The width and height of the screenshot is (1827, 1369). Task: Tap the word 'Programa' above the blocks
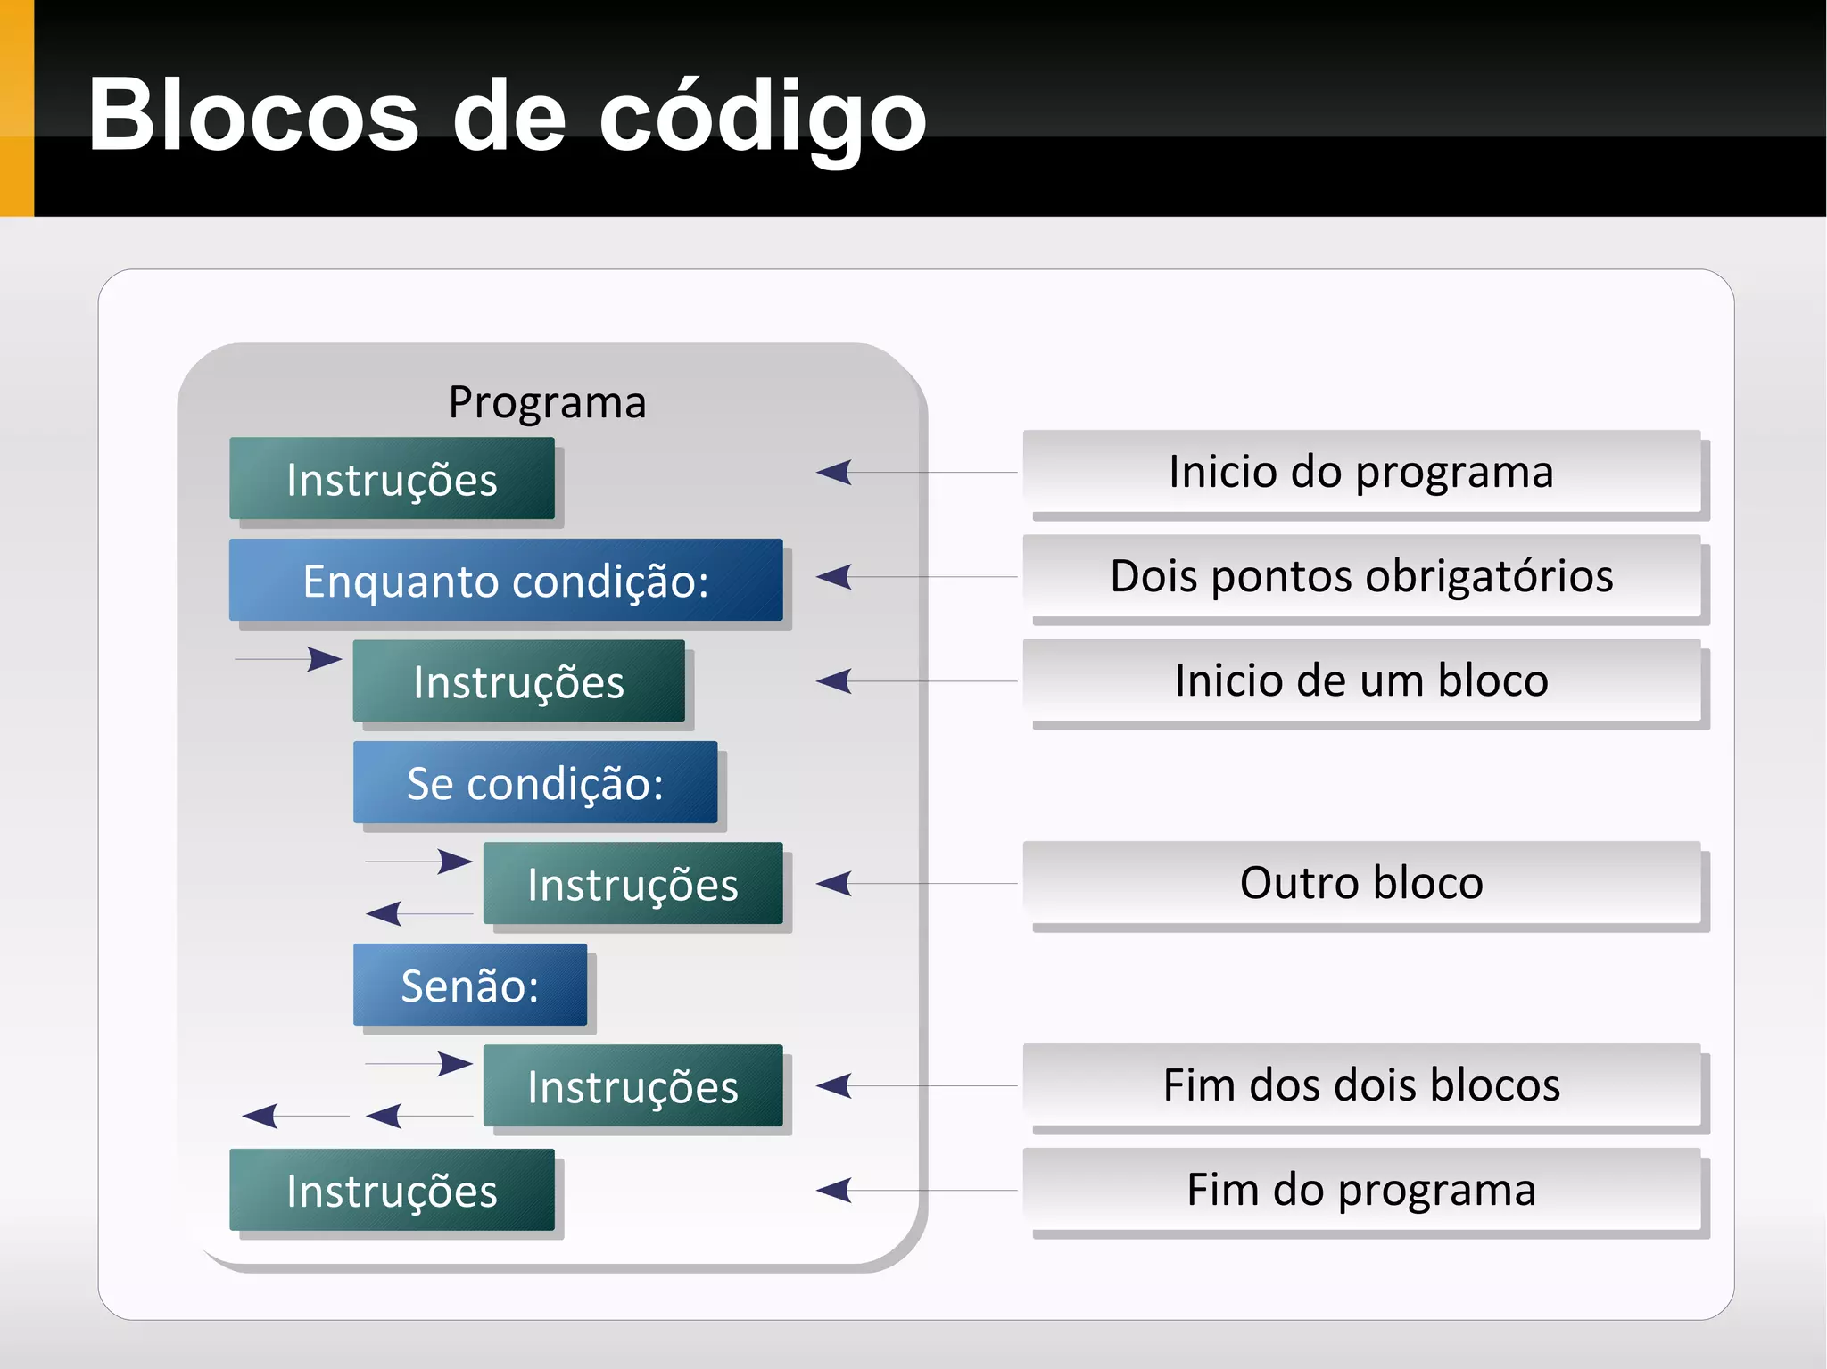pos(547,402)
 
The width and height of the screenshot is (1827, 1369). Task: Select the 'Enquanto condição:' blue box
pos(506,581)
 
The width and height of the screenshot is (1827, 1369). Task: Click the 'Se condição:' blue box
pos(535,783)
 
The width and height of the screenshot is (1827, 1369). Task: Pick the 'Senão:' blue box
pos(470,985)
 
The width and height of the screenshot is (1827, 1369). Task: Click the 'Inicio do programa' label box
pos(1361,472)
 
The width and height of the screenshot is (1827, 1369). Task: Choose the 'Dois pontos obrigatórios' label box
pos(1361,576)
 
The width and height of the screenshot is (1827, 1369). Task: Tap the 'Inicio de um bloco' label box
pos(1361,680)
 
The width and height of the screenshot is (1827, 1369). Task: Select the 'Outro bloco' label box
pos(1361,883)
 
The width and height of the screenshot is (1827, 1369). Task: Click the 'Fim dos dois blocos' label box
pos(1361,1085)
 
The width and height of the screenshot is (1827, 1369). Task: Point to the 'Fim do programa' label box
pos(1361,1190)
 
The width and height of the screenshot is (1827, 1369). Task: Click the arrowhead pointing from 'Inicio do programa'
pos(835,472)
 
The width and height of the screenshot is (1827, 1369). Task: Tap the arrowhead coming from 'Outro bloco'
pos(835,884)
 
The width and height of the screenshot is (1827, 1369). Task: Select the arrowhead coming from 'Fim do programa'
pos(835,1190)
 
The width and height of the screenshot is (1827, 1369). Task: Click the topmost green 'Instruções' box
pos(392,479)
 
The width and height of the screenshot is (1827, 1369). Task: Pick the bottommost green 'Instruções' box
pos(392,1190)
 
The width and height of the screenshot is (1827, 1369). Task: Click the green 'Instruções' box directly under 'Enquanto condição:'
pos(518,681)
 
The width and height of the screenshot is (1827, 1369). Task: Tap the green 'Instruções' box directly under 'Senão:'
pos(632,1085)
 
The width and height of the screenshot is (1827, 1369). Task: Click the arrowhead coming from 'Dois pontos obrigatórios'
pos(835,577)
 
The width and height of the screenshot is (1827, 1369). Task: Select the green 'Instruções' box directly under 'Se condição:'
pos(632,884)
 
